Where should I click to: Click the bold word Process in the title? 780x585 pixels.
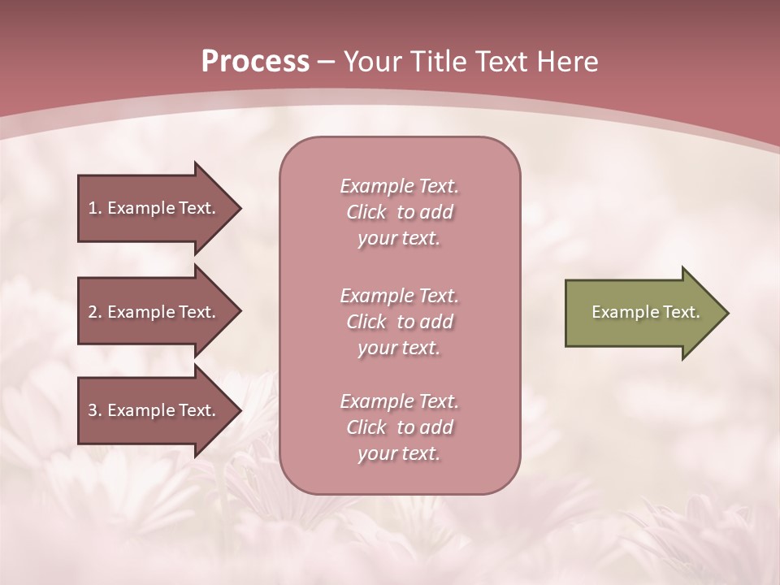[255, 62]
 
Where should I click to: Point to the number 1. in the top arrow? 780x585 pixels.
[95, 208]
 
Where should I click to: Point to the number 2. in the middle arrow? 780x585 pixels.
[95, 312]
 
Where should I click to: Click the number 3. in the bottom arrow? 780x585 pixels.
[95, 410]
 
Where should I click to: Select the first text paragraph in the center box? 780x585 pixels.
[400, 212]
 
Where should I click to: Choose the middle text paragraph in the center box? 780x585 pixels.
[400, 322]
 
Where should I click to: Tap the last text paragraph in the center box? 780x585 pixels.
[400, 427]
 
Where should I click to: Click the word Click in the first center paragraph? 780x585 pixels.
[366, 212]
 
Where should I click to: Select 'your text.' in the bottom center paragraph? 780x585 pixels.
[399, 454]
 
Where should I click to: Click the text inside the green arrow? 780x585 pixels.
[645, 312]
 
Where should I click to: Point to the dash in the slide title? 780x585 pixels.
[326, 62]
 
